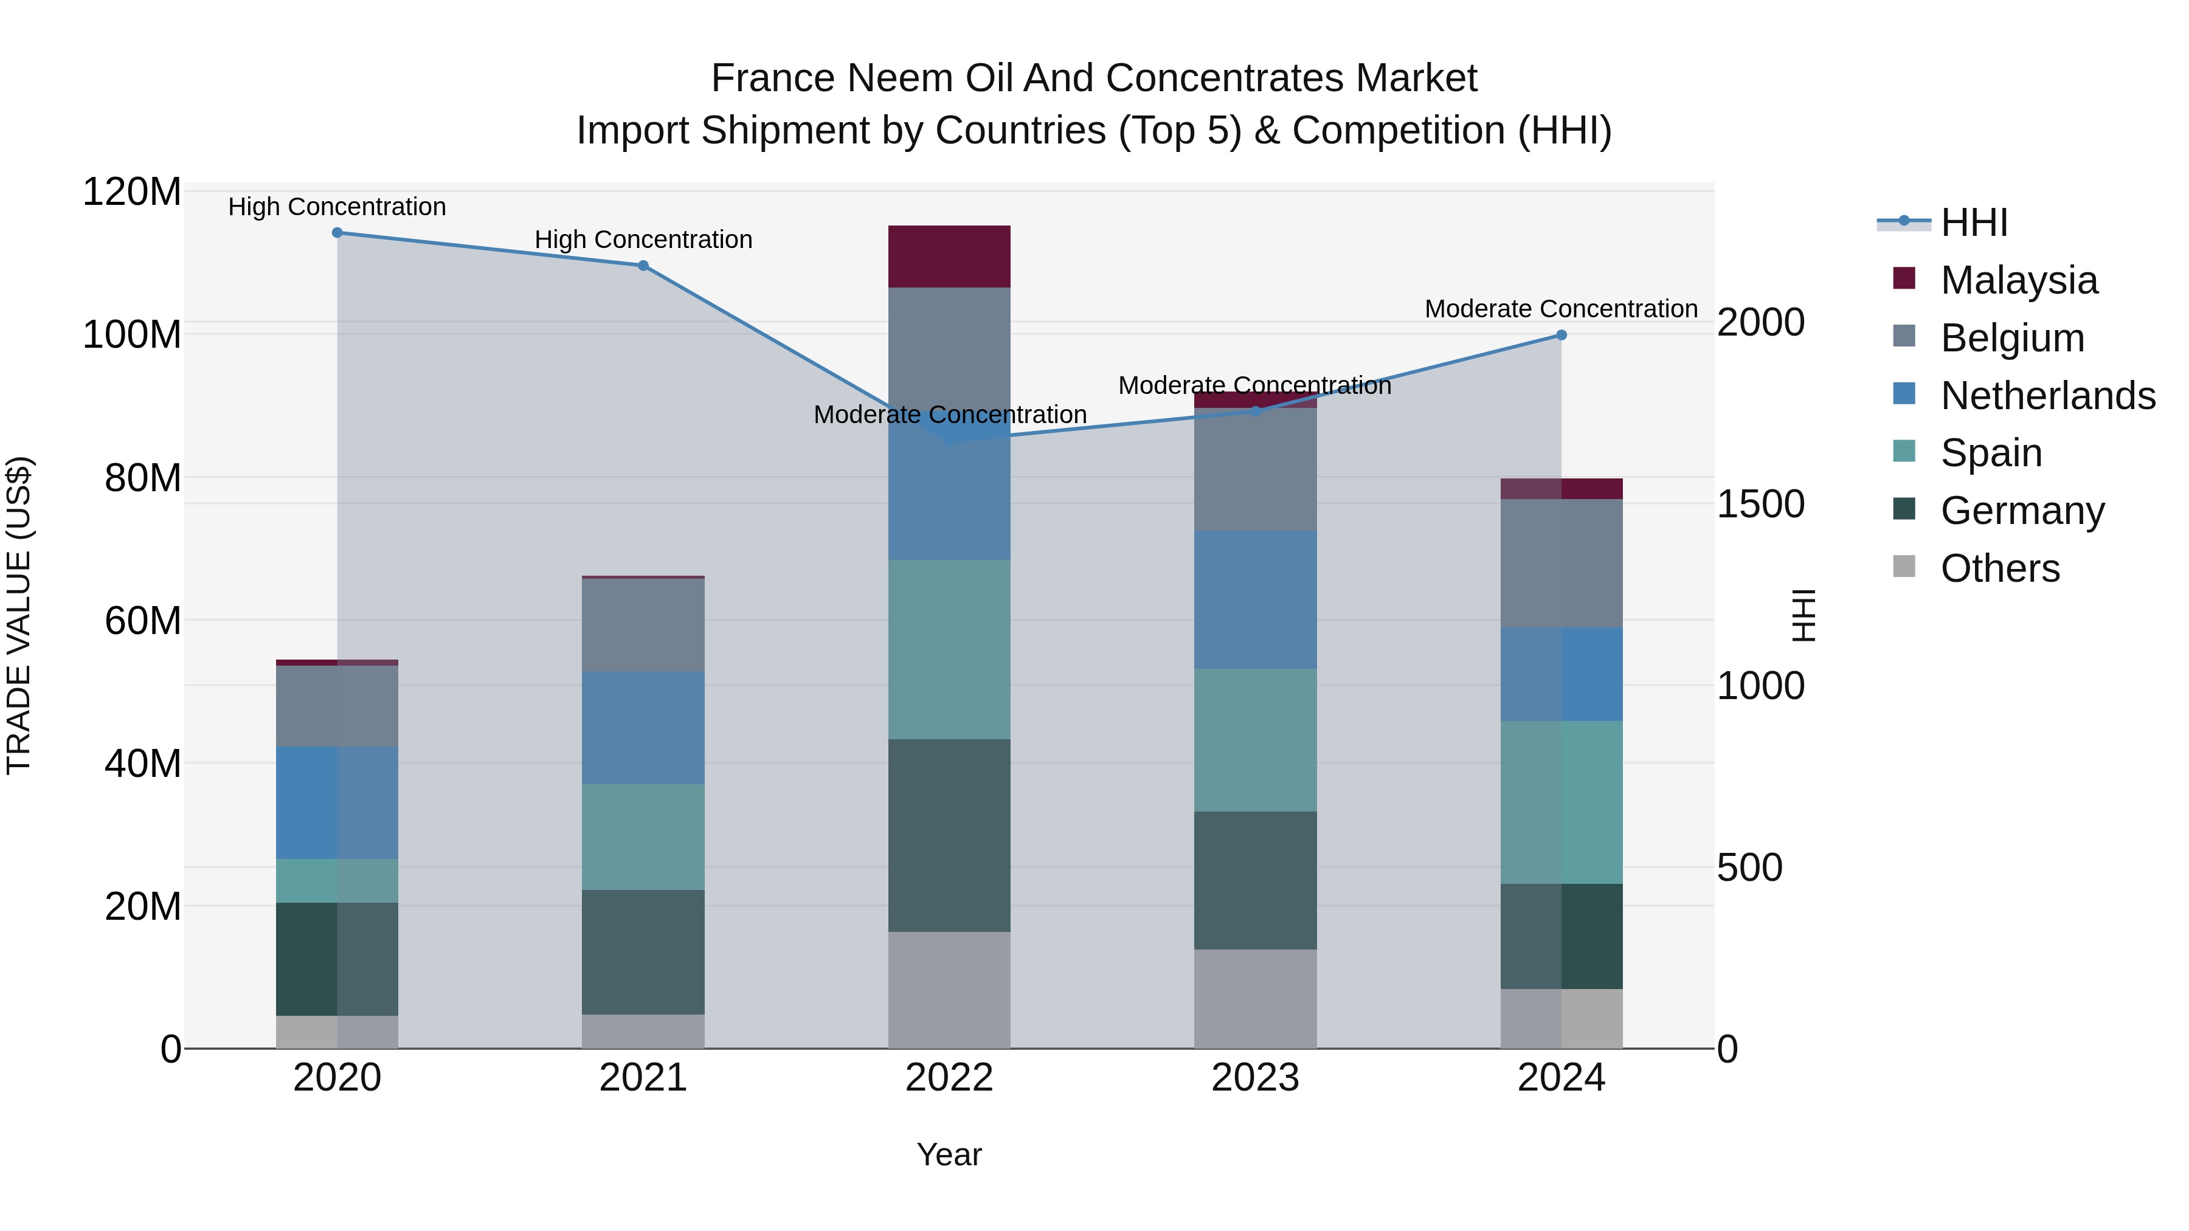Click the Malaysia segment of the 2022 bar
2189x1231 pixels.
click(x=949, y=256)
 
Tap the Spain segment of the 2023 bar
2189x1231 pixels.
click(x=1255, y=739)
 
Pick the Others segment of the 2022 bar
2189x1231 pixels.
click(x=949, y=990)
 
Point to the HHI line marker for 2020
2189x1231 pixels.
click(x=337, y=232)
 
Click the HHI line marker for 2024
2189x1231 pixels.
click(x=1561, y=335)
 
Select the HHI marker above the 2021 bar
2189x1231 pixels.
click(x=643, y=265)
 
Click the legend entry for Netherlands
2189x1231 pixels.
click(x=2047, y=395)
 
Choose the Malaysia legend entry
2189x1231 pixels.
click(x=2018, y=280)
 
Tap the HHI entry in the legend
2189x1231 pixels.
click(x=1974, y=222)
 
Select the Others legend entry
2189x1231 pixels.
click(x=1999, y=568)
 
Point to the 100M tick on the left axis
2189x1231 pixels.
click(x=132, y=334)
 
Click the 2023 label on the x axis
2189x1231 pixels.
click(x=1255, y=1077)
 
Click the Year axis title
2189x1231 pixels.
click(x=949, y=1154)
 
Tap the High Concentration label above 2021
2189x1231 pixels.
click(x=643, y=240)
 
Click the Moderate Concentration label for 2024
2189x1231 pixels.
click(x=1561, y=308)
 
